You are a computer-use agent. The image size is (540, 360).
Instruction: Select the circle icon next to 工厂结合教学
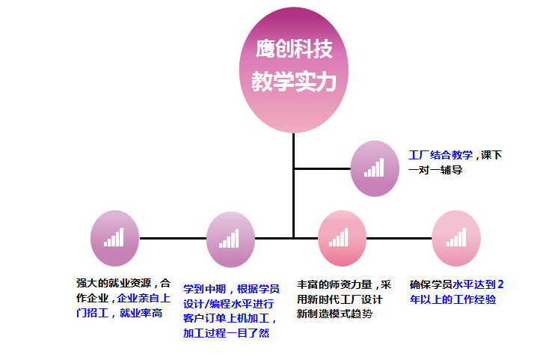[375, 168]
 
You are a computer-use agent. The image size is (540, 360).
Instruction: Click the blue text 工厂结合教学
[441, 155]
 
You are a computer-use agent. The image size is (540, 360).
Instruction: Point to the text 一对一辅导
[436, 171]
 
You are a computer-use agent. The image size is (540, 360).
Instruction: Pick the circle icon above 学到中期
[230, 239]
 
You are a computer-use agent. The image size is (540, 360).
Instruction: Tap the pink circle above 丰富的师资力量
[342, 239]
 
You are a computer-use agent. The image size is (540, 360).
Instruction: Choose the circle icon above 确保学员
[456, 239]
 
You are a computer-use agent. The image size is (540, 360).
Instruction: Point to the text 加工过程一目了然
[225, 334]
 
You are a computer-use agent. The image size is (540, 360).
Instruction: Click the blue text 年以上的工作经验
[452, 299]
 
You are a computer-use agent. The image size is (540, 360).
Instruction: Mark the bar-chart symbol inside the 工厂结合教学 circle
[374, 168]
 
